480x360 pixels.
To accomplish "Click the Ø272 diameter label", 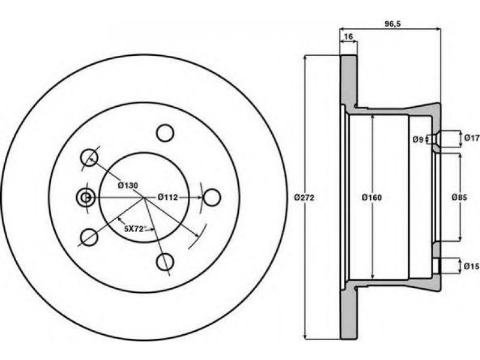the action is (x=304, y=198).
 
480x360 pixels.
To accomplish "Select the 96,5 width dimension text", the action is (x=393, y=24).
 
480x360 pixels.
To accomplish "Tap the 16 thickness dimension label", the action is (x=349, y=37).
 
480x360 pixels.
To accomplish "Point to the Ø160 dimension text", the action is (x=371, y=198).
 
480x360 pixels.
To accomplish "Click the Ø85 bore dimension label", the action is (x=460, y=198).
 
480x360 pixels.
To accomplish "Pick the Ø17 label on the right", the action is (x=472, y=138).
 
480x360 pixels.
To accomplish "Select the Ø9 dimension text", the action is (x=418, y=140).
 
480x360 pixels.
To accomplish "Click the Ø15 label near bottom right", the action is (x=472, y=266).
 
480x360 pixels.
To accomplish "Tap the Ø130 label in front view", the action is (x=128, y=185).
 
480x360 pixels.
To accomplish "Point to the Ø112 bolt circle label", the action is (x=168, y=197).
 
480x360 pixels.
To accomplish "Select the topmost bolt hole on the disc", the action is (x=165, y=133).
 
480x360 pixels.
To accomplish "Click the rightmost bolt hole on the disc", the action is (x=212, y=197).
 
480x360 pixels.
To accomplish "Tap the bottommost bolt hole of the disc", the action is (x=165, y=262).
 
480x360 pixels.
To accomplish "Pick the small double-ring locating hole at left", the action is (x=85, y=197).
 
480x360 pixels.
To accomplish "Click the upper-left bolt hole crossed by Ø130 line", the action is (x=89, y=157).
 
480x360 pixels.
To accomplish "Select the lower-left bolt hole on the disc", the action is (x=89, y=237).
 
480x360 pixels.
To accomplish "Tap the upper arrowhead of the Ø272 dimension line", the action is (x=305, y=58).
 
